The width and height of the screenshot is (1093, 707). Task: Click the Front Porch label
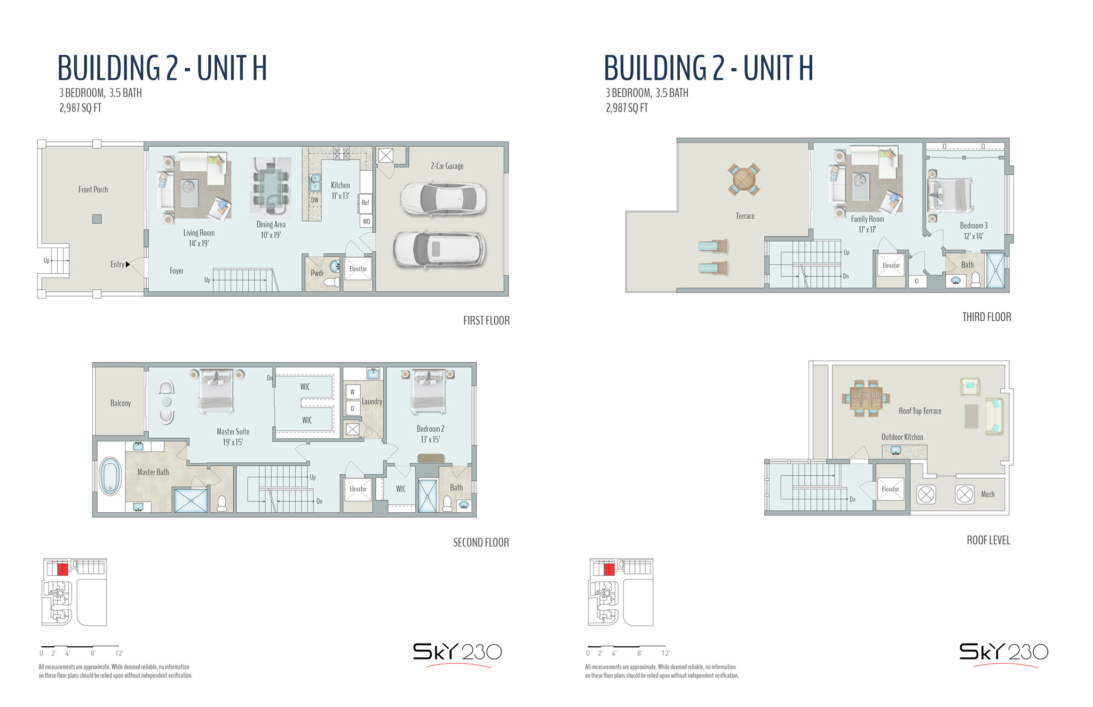coord(93,189)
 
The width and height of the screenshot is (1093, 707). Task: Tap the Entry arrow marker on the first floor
coord(128,264)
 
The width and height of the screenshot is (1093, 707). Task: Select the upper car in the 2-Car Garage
coord(443,198)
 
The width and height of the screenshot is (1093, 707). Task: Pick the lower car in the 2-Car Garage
coord(439,249)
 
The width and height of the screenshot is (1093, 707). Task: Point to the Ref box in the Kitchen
coord(366,202)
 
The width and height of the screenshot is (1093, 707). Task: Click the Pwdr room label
coord(317,273)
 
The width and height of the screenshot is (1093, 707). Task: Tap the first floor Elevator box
coord(358,269)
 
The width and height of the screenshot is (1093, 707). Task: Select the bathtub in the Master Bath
coord(110,476)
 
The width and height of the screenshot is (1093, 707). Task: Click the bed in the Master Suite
coord(216,392)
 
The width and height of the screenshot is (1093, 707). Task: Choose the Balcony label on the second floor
coord(121,403)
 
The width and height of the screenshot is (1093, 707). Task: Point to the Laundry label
coord(372,401)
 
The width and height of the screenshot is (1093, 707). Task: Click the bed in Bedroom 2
coord(428,392)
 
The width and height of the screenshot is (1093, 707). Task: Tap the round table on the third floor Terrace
coord(743,179)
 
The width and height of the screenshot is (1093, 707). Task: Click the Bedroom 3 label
coord(973,226)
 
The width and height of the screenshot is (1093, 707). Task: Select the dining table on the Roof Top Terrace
coord(866,398)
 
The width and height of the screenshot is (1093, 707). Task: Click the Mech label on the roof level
coord(988,494)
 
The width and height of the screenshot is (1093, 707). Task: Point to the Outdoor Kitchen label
coord(902,437)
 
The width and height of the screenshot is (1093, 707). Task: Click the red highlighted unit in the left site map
coord(62,569)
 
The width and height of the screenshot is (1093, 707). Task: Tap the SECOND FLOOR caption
coord(481,543)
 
